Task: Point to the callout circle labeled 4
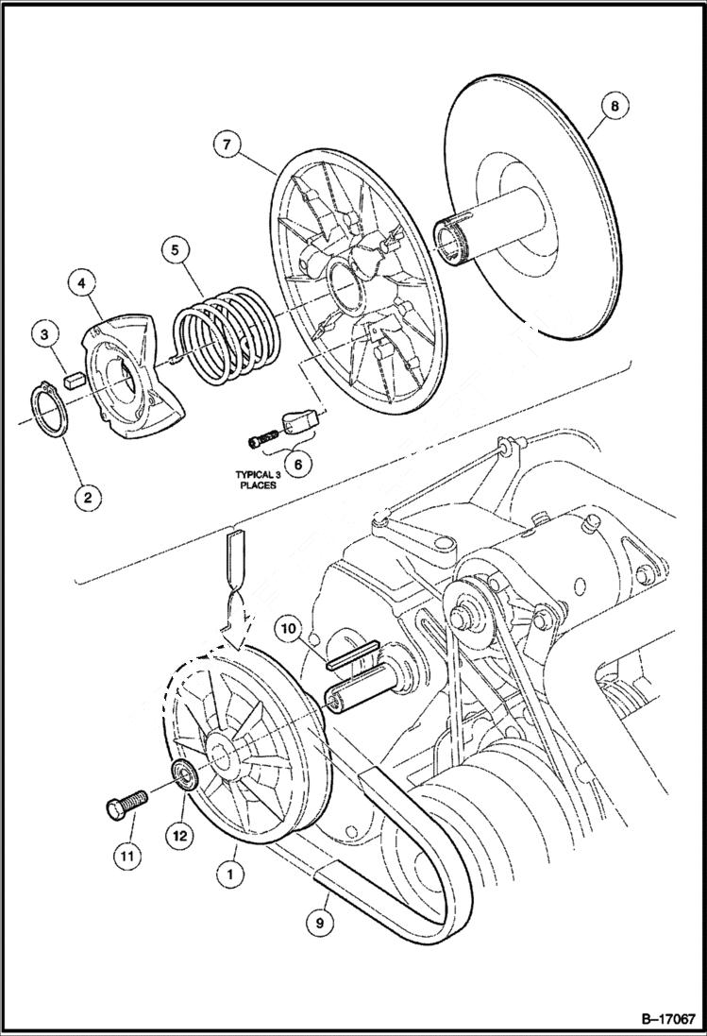pos(81,282)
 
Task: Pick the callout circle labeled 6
pos(298,465)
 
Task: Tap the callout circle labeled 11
pos(127,856)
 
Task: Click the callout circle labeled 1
pos(227,875)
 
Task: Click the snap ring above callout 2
pos(44,413)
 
